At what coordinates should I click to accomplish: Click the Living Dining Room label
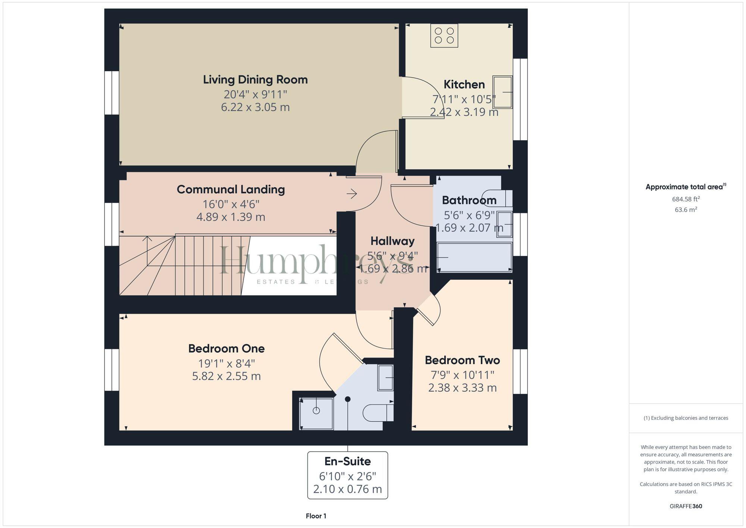point(255,79)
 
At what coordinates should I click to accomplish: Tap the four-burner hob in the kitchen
point(444,35)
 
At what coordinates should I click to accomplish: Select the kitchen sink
point(502,92)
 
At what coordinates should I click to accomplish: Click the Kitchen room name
point(464,84)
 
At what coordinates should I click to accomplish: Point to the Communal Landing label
point(231,189)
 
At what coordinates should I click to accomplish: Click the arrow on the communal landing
point(352,194)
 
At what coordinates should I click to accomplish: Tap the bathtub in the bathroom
point(474,257)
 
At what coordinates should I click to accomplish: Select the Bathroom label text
point(469,200)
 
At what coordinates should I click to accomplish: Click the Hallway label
point(392,241)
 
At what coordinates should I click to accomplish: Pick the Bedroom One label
point(226,349)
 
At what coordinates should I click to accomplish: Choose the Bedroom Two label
point(463,360)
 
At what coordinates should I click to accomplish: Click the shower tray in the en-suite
point(316,414)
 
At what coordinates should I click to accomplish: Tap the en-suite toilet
point(378,412)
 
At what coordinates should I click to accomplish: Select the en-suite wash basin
point(386,378)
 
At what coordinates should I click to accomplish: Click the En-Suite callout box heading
point(348,462)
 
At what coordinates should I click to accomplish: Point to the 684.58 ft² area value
point(686,199)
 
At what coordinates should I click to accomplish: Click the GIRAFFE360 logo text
point(686,506)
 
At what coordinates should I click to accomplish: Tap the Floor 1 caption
point(316,516)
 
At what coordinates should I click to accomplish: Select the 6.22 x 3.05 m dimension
point(255,107)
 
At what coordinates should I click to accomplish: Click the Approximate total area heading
point(686,187)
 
